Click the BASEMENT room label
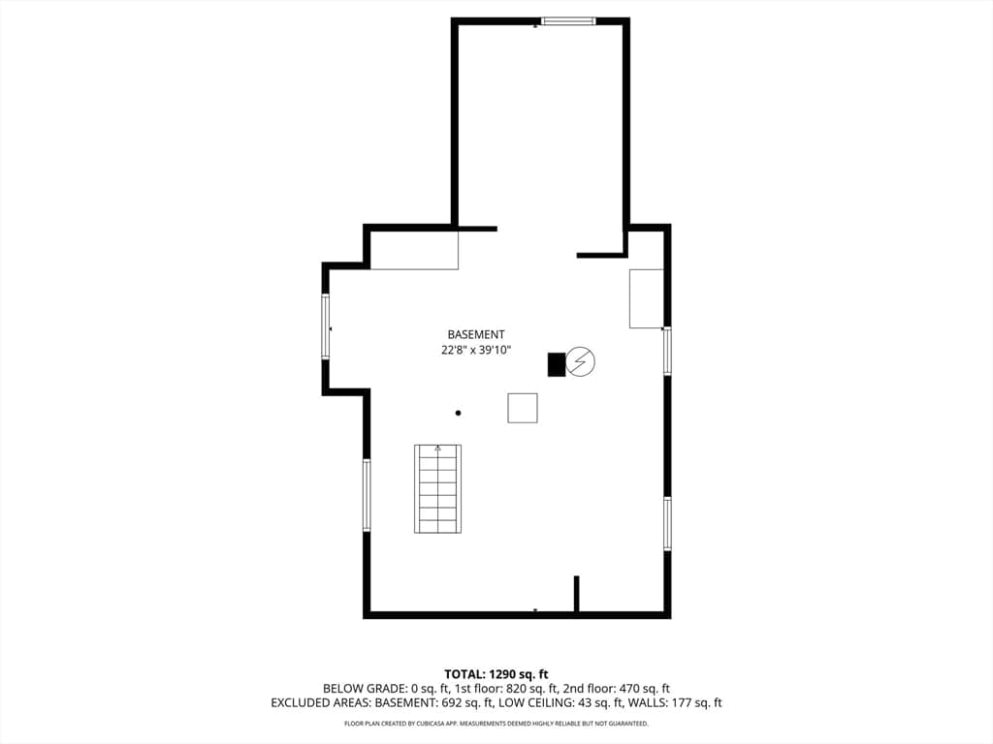tap(475, 334)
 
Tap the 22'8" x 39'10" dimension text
tap(475, 350)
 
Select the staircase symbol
tap(437, 488)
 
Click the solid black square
tap(556, 364)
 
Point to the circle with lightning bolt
tap(580, 361)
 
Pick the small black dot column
tap(458, 413)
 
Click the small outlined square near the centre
tap(523, 408)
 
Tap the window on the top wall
tap(568, 21)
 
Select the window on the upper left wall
tap(326, 326)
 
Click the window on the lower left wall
tap(367, 495)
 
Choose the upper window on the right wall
tap(667, 351)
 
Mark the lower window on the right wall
tap(667, 524)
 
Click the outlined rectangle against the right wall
tap(646, 298)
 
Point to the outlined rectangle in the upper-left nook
tap(414, 250)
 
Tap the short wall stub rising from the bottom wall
tap(576, 594)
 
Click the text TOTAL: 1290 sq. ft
tap(496, 674)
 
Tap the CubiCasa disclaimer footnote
tap(496, 723)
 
